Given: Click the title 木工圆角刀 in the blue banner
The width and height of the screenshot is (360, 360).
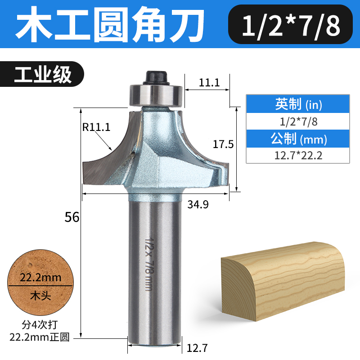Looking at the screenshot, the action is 110,25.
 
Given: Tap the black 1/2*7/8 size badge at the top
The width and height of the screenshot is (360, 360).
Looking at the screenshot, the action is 290,24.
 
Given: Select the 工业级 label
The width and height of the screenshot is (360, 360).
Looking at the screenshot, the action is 43,74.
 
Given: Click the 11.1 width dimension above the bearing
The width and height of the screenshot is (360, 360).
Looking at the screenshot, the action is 209,83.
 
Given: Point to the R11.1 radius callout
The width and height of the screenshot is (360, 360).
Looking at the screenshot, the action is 96,127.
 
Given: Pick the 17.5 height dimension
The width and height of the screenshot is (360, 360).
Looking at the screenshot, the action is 223,144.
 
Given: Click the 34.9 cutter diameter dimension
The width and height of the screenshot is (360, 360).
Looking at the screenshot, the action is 198,204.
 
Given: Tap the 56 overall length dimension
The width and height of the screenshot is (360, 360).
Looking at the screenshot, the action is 72,217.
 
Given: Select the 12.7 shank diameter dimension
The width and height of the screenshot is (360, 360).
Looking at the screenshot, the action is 197,348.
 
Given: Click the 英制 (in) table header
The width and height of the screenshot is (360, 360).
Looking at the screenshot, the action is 298,104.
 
